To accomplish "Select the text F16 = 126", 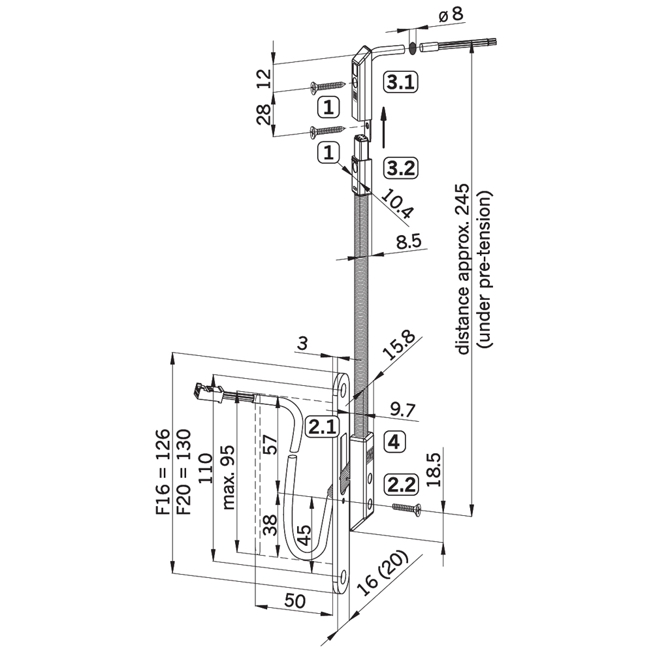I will pos(163,473).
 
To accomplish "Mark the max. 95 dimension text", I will pos(229,481).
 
